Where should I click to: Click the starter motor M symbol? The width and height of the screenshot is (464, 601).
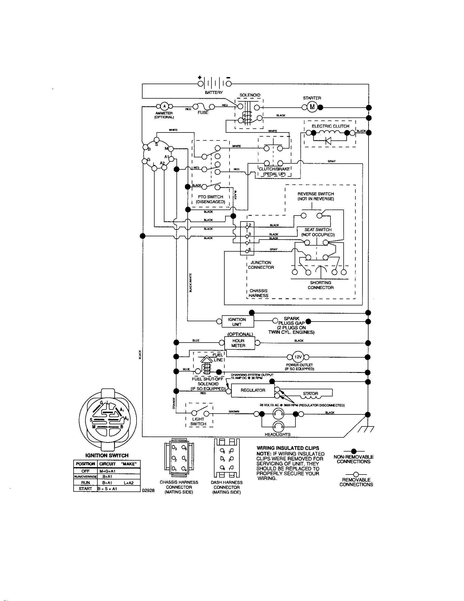click(x=312, y=107)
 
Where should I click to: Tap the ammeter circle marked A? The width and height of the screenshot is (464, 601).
click(x=164, y=106)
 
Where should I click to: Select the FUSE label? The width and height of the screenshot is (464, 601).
click(x=203, y=113)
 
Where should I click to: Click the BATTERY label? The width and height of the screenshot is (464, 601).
click(x=214, y=92)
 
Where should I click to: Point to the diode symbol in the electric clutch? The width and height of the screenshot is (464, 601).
click(x=328, y=141)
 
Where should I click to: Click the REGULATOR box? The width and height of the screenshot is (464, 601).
click(x=253, y=390)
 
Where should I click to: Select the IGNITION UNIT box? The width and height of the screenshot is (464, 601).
click(x=237, y=322)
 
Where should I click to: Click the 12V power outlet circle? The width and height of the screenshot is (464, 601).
click(x=298, y=357)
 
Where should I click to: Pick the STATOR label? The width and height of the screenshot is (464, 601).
click(x=311, y=393)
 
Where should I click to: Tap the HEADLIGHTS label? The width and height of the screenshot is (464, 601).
click(x=277, y=435)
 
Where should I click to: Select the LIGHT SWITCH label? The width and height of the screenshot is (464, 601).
click(x=198, y=422)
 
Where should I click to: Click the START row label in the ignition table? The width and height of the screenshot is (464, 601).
click(x=85, y=489)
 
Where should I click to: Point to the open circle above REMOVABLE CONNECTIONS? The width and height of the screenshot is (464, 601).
click(x=356, y=475)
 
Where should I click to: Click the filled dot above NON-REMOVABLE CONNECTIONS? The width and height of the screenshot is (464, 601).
click(x=354, y=451)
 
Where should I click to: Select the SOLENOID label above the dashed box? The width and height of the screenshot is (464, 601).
click(x=250, y=95)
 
